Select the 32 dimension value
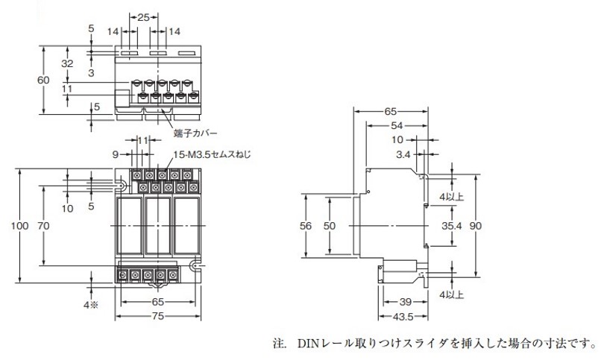(x=67, y=64)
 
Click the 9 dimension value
(x=116, y=156)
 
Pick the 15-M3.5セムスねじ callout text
(x=212, y=155)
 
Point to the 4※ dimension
(x=90, y=304)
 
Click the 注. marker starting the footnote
(x=279, y=344)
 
